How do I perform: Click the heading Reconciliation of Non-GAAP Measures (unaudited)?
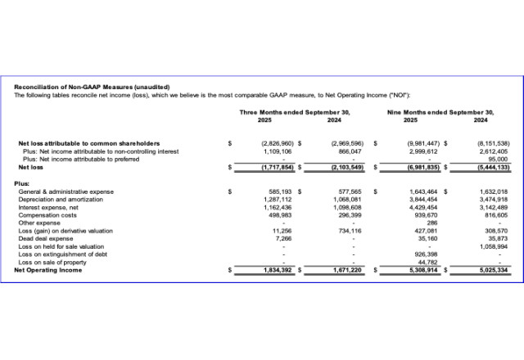click(92, 87)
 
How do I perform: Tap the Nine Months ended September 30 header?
click(441, 111)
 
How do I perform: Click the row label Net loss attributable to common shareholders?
click(89, 143)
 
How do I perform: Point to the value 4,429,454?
click(423, 207)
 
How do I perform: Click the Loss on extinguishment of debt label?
click(62, 254)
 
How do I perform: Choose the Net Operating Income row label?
click(47, 269)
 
